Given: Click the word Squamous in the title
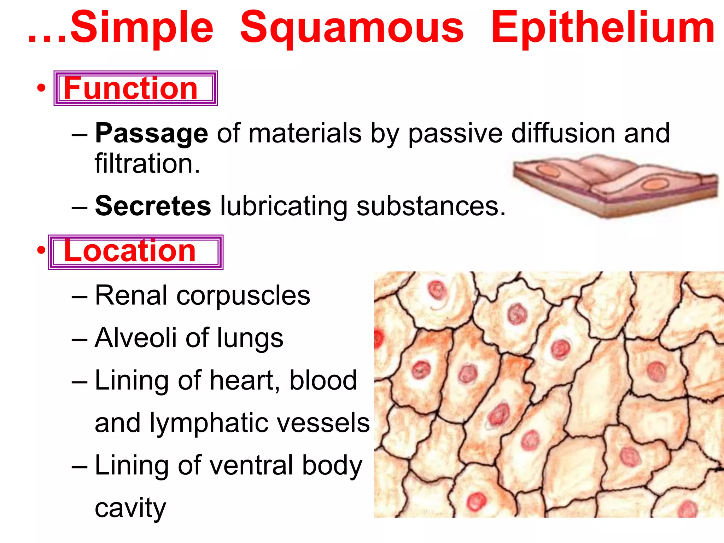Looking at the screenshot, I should (352, 28).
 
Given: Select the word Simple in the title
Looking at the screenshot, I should (142, 28).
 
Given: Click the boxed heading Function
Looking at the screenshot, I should (131, 88).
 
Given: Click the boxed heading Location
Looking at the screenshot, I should (130, 251).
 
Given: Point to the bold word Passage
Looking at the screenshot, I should (152, 134).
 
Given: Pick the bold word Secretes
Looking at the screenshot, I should (153, 206).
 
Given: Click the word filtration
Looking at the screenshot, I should (147, 164).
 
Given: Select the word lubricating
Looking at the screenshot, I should (284, 206).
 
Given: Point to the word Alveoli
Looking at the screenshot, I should (136, 338).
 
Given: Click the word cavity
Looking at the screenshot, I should (130, 508).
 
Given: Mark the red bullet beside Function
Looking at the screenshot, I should (41, 88).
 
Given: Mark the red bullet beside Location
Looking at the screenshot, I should (41, 250).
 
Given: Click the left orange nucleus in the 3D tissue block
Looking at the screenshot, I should (549, 171).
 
